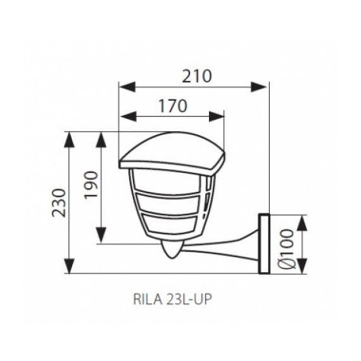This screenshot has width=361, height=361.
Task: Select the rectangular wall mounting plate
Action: [263, 244]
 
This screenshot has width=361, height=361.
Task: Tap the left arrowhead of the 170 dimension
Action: [125, 116]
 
